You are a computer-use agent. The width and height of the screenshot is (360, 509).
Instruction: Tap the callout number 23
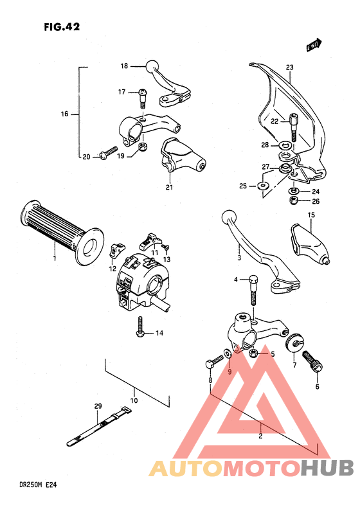pyautogui.click(x=289, y=67)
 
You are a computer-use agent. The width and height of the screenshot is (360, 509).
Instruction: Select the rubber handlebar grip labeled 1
pyautogui.click(x=61, y=233)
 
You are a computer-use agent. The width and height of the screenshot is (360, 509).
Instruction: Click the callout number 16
pyautogui.click(x=64, y=114)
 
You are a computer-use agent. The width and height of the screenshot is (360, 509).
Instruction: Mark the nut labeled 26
pyautogui.click(x=293, y=201)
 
